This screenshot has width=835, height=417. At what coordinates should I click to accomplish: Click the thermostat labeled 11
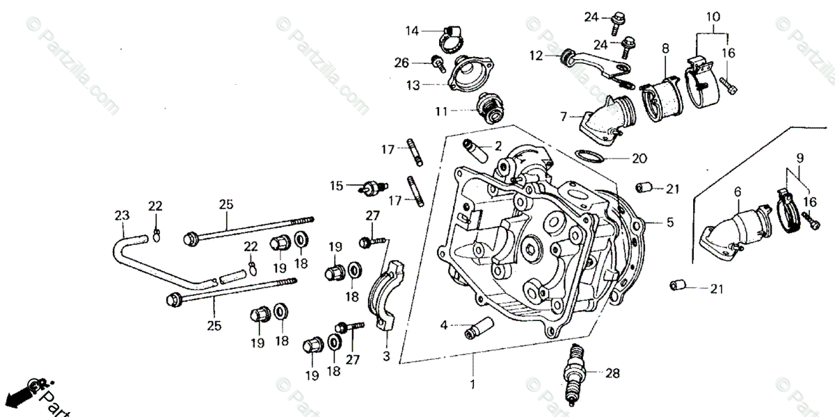click(x=487, y=109)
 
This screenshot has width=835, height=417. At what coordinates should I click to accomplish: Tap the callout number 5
click(x=670, y=223)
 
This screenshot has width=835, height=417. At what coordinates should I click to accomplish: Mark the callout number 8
click(x=665, y=49)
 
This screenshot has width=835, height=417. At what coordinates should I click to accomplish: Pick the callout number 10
click(x=713, y=16)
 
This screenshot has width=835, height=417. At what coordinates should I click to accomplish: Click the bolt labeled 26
click(x=438, y=64)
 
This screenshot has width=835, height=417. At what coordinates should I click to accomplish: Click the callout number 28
click(x=612, y=373)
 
